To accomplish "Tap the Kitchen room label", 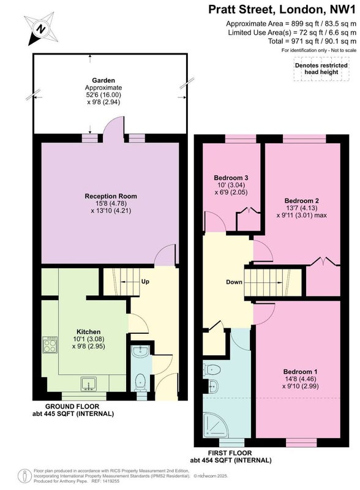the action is [x=89, y=332].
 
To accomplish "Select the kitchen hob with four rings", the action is [x=50, y=345].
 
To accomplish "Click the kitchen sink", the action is [x=89, y=384].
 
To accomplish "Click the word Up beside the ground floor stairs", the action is [x=145, y=282].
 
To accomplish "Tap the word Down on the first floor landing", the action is [x=234, y=282].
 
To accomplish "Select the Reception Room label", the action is [x=111, y=196].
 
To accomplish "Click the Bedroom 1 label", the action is [x=301, y=372].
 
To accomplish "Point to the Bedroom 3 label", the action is [x=231, y=178].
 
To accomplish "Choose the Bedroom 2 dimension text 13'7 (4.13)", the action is [x=301, y=208].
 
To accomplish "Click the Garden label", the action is [x=103, y=80].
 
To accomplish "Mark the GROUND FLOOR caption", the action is [x=72, y=407].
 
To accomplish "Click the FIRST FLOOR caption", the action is [x=230, y=453].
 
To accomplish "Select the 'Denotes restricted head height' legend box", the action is [x=321, y=69].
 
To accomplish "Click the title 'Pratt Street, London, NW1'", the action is [x=282, y=9].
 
